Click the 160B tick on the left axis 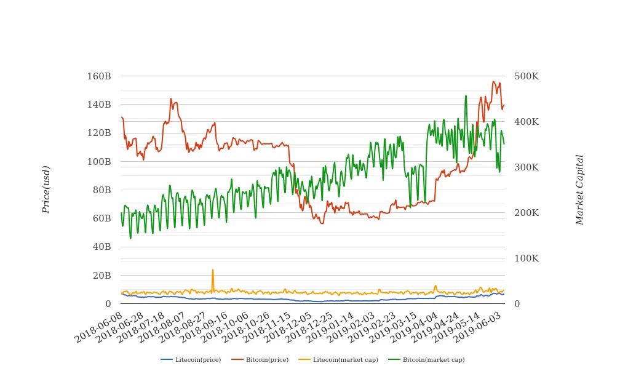click(x=99, y=76)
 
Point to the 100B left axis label click(x=99, y=162)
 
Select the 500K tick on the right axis click(x=527, y=76)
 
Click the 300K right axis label click(x=527, y=167)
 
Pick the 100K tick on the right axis click(x=527, y=258)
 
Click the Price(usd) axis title click(x=46, y=189)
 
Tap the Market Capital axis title click(x=579, y=189)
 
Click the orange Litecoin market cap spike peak click(x=213, y=269)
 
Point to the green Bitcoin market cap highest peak click(x=466, y=95)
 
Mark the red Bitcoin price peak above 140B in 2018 click(x=171, y=98)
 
